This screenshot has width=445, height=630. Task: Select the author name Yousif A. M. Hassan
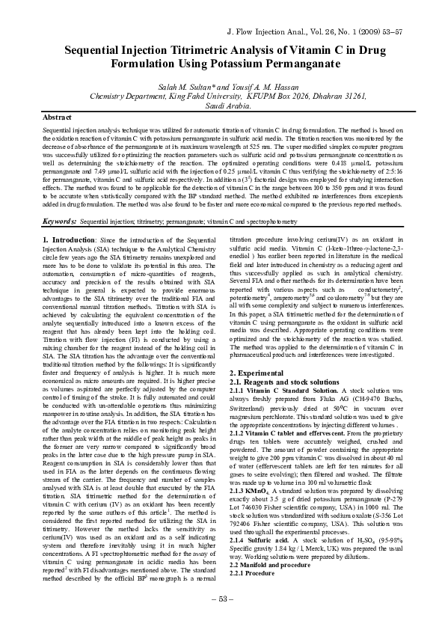coord(258,87)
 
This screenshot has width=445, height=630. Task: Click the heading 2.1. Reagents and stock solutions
coord(288,382)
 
